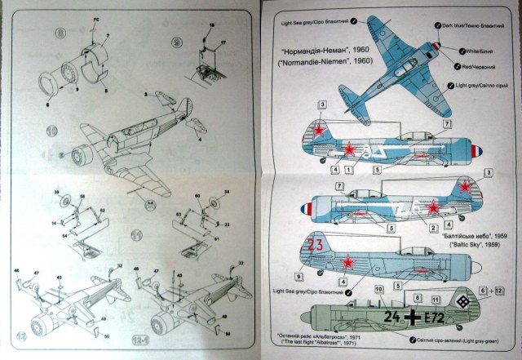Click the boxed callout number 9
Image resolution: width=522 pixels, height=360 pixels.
pos(312,277)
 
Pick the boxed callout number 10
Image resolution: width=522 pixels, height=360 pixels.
pos(378,290)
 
